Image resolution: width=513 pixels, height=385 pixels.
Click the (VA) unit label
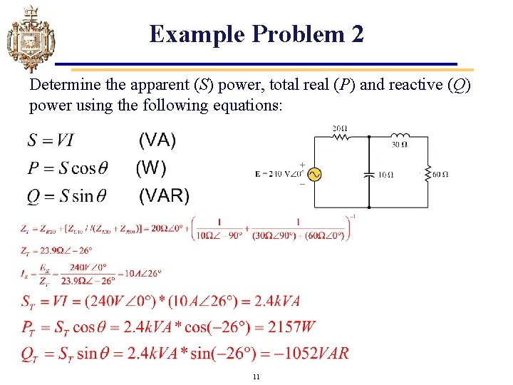point(157,140)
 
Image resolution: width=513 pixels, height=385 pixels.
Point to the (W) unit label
point(151,168)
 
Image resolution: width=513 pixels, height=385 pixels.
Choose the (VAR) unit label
point(164,195)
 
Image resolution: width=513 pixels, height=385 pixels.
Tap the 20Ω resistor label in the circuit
point(340,128)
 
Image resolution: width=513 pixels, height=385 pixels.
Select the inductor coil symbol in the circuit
point(401,135)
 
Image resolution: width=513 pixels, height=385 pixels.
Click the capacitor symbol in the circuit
point(368,174)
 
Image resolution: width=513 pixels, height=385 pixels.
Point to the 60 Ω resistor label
point(440,175)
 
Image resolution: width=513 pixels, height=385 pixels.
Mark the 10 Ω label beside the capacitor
point(385,175)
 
